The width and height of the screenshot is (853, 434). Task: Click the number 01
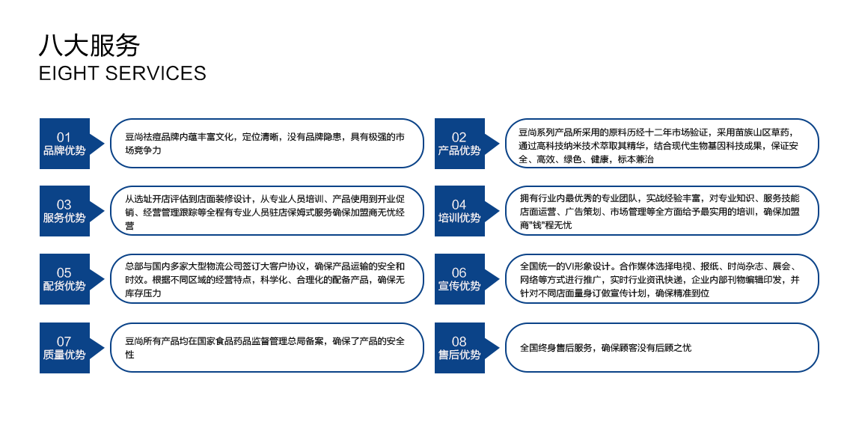tap(64, 137)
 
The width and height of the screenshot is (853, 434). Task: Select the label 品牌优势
tap(64, 150)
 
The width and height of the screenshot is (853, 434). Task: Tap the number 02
tap(459, 137)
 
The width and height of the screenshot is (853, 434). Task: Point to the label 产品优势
tap(459, 150)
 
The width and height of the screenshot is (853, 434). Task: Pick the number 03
tap(64, 204)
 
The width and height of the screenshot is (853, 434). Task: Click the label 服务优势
tap(64, 218)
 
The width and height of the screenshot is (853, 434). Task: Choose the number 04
tap(459, 204)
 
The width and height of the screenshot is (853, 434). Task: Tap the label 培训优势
tap(459, 218)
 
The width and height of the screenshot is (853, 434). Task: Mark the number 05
tap(64, 272)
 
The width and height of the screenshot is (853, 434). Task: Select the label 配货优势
tap(64, 286)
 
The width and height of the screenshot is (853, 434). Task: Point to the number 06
tap(459, 272)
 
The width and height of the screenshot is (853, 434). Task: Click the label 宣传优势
tap(459, 286)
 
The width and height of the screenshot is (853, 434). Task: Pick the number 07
tap(64, 341)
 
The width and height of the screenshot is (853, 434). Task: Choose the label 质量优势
tap(64, 355)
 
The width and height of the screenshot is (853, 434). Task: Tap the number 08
tap(459, 341)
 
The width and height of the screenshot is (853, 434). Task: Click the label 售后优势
tap(459, 355)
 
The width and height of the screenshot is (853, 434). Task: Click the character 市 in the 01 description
tap(400, 138)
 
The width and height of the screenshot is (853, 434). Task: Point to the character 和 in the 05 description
tap(400, 266)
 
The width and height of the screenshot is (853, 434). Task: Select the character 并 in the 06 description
tap(795, 280)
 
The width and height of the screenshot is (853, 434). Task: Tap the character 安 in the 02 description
tap(794, 146)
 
